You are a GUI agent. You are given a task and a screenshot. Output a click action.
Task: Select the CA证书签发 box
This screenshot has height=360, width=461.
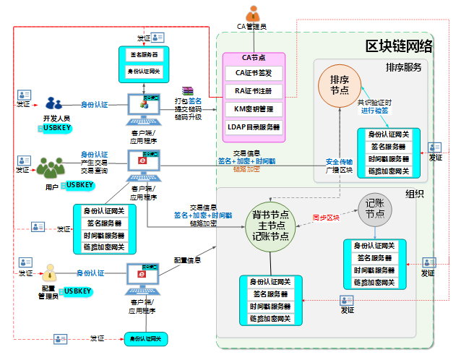pyautogui.click(x=253, y=73)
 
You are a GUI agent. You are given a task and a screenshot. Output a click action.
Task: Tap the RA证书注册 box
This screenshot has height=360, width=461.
pyautogui.click(x=253, y=91)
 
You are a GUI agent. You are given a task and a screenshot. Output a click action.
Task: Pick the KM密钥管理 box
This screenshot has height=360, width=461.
pyautogui.click(x=253, y=109)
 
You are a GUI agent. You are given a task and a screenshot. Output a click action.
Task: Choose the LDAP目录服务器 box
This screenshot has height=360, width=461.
pyautogui.click(x=253, y=127)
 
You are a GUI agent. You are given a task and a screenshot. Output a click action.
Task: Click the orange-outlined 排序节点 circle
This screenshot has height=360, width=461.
pyautogui.click(x=340, y=85)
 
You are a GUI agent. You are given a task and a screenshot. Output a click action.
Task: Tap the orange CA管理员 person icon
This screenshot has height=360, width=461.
pyautogui.click(x=252, y=14)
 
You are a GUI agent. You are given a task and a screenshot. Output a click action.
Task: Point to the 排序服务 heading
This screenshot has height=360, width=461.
pyautogui.click(x=403, y=67)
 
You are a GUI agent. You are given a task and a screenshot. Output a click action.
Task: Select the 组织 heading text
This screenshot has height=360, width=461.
pyautogui.click(x=414, y=194)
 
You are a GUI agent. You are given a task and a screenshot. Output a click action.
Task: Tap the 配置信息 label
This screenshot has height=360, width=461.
pyautogui.click(x=186, y=260)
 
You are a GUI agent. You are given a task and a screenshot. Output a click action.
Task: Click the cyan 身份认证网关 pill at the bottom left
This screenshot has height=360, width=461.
pyautogui.click(x=145, y=338)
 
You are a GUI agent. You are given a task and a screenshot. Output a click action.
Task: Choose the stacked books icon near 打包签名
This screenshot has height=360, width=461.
pyautogui.click(x=188, y=90)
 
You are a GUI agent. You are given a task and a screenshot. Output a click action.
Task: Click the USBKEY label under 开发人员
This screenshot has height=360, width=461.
pyautogui.click(x=56, y=127)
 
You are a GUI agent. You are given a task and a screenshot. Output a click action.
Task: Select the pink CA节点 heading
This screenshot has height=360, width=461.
pyautogui.click(x=253, y=58)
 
